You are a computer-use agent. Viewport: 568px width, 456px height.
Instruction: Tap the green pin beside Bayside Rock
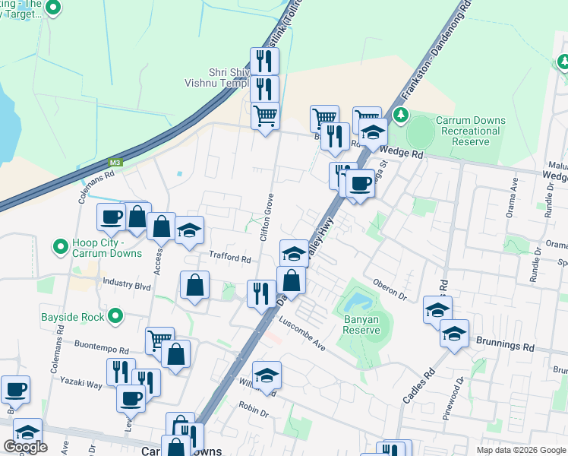[115, 315]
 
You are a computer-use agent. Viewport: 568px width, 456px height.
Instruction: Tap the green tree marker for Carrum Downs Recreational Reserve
[402, 116]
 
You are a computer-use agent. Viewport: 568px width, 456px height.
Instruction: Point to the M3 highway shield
[115, 162]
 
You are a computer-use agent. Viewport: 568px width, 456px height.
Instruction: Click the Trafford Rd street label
[230, 258]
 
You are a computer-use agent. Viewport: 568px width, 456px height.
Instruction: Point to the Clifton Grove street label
[267, 217]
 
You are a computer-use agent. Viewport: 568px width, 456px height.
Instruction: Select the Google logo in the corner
[26, 447]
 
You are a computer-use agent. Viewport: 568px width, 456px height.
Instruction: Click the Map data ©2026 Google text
[521, 450]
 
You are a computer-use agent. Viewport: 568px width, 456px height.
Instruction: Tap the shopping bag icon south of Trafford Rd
[195, 286]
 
